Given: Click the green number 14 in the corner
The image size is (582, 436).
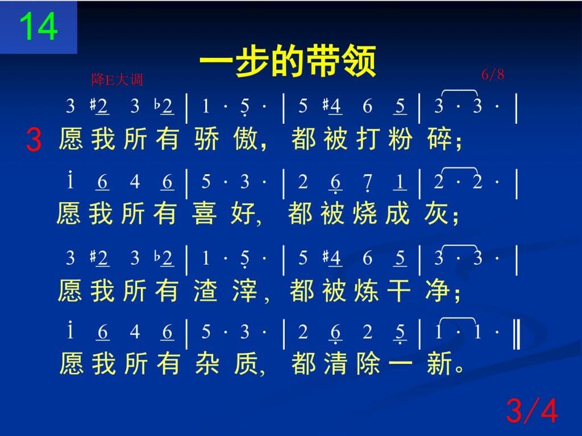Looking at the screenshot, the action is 38,26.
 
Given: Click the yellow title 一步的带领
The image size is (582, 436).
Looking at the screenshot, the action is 288,61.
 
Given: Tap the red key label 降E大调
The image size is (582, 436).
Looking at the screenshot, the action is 117,79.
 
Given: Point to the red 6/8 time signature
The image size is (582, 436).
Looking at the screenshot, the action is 493,74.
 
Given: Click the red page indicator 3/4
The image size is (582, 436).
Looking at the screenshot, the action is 532,410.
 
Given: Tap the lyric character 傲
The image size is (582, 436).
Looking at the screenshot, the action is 246,139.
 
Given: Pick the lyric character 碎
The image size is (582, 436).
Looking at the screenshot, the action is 439,139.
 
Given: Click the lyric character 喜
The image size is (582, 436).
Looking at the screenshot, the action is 204,213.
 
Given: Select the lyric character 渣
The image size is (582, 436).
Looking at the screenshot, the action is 206,290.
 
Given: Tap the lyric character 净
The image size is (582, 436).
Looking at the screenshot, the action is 438,290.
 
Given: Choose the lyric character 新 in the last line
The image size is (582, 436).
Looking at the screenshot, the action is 439,363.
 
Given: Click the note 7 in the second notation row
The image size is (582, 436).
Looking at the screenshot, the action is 368,183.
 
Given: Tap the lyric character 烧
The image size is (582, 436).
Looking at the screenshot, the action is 365,213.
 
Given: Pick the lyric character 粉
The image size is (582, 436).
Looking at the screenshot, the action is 401,139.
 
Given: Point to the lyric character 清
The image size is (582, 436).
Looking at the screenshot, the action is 335,363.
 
